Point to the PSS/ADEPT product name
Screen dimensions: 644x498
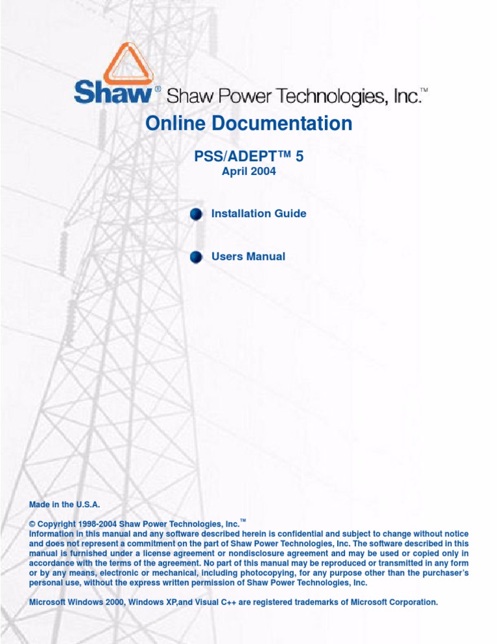click(x=249, y=156)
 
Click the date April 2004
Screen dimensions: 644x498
click(x=249, y=172)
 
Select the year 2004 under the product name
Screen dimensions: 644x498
click(x=263, y=172)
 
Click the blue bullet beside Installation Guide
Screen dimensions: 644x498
click(x=196, y=214)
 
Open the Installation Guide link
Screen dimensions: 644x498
click(x=259, y=213)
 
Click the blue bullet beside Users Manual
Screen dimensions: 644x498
click(x=196, y=258)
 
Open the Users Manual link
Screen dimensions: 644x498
click(x=248, y=257)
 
